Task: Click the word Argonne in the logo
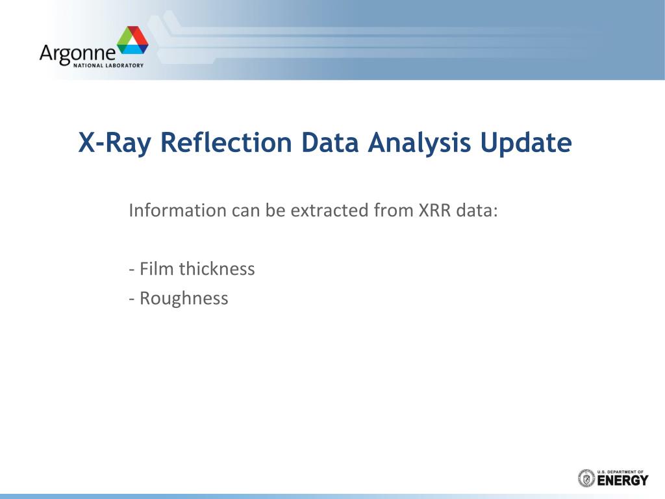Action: point(77,54)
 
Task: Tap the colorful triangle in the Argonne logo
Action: point(132,40)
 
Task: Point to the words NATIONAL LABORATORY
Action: point(108,66)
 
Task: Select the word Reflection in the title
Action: point(226,142)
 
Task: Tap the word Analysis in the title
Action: point(420,143)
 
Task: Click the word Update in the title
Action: point(526,143)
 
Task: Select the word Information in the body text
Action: point(178,211)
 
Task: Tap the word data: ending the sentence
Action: point(477,211)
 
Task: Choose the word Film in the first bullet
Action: point(157,269)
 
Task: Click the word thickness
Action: point(217,269)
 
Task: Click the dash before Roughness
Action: point(132,300)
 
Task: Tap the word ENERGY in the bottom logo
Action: point(623,480)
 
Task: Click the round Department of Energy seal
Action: point(586,478)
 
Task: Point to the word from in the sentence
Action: point(393,211)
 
